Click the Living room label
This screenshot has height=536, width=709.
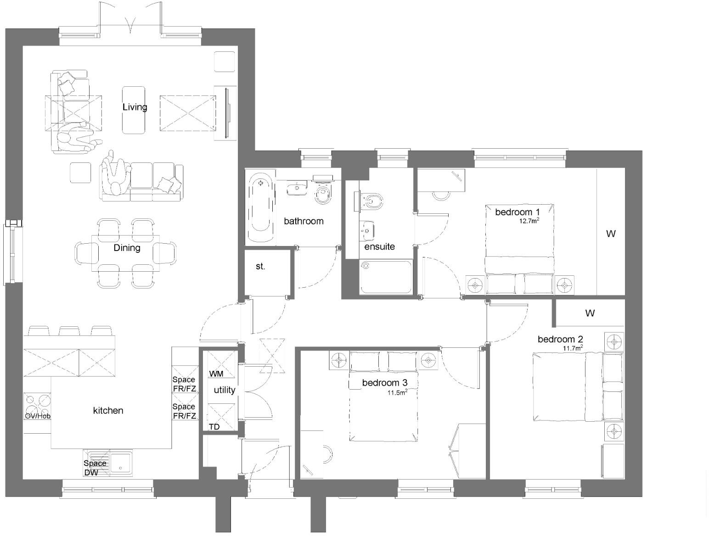coord(135,107)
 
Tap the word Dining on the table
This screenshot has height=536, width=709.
coord(127,248)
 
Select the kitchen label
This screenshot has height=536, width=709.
coord(108,410)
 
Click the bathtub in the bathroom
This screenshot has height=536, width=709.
coord(261,207)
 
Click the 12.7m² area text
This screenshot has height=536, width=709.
coord(529,221)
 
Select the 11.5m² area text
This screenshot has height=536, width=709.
coord(397,392)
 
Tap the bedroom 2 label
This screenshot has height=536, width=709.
coord(560,339)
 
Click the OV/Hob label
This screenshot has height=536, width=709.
coord(38,416)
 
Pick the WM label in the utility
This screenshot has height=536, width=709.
coord(216,374)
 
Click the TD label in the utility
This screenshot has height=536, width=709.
coord(214,427)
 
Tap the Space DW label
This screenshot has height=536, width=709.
coord(95,468)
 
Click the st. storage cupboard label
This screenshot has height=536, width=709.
coord(260,266)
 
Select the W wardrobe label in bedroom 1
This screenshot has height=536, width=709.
coord(611,234)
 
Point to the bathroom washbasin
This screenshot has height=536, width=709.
coord(297,188)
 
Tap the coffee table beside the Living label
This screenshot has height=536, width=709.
coord(134,110)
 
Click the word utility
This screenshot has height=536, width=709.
coord(225,390)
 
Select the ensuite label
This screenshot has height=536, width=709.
coord(380,246)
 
